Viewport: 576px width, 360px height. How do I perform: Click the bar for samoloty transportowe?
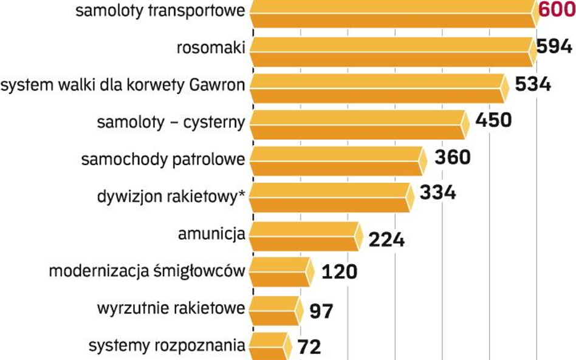392,13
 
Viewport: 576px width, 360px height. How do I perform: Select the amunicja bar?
303,236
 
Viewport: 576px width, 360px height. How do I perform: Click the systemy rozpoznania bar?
267,345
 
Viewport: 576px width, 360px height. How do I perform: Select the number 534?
533,84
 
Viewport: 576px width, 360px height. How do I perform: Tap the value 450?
493,120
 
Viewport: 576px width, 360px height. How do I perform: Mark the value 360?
452,157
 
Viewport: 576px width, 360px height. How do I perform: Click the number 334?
437,193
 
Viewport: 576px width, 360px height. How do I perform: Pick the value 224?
386,240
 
